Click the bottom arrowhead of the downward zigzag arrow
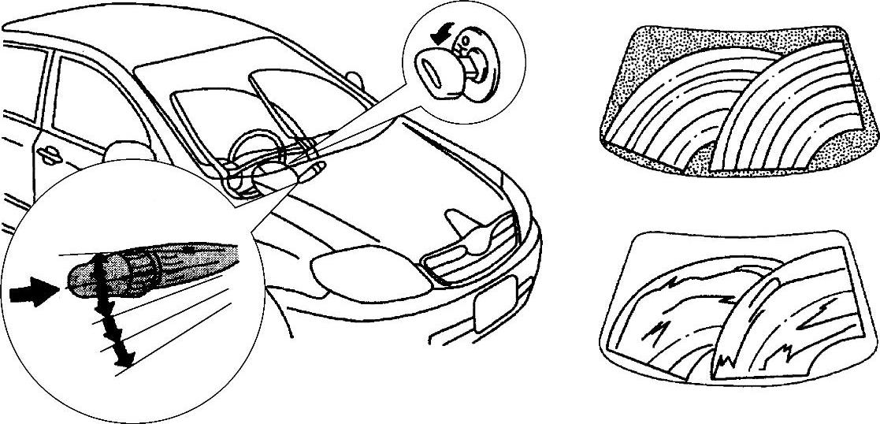[121, 359]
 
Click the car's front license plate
[492, 303]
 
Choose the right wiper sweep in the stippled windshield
[788, 110]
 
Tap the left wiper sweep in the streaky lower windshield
[670, 315]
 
